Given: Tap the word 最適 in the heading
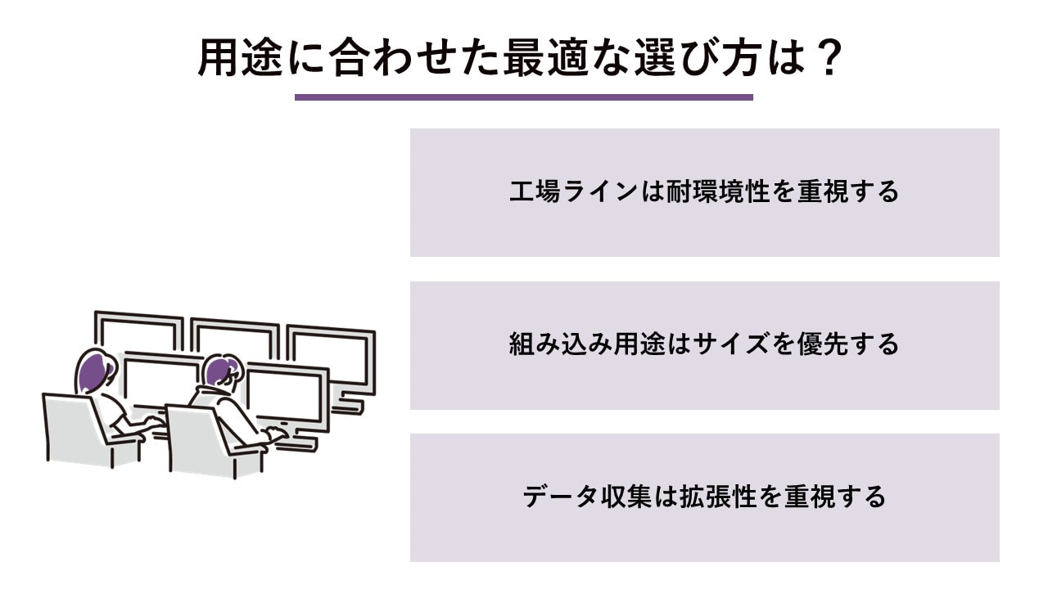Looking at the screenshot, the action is (x=545, y=58).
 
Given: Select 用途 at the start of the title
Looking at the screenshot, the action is (x=241, y=58).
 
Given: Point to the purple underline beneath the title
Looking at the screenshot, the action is (x=523, y=97).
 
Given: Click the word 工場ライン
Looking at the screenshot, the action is (x=574, y=191).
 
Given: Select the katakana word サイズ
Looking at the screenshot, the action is (x=731, y=344).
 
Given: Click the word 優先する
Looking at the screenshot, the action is (x=848, y=344).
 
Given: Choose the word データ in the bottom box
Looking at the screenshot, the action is (x=560, y=497).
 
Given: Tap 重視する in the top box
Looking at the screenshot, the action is (x=848, y=191).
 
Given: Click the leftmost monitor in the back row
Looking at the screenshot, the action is (x=138, y=332).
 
